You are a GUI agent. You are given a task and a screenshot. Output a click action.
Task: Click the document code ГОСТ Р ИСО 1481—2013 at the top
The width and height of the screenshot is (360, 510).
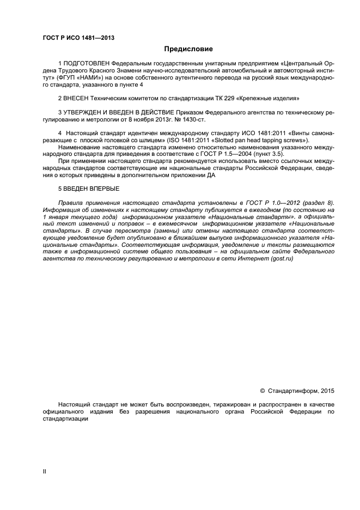click(78, 38)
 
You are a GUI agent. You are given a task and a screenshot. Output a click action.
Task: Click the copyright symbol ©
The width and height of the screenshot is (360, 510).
click(263, 391)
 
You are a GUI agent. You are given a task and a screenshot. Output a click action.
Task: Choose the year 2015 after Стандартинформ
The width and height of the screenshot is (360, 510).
click(327, 391)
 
